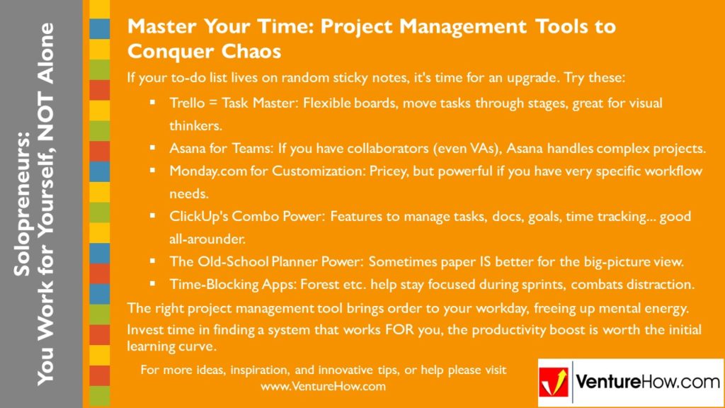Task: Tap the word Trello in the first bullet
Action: [186, 103]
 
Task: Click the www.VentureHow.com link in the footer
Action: [323, 387]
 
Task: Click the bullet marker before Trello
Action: [152, 103]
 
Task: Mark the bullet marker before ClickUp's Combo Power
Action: [152, 217]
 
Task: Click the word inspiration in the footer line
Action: [249, 370]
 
